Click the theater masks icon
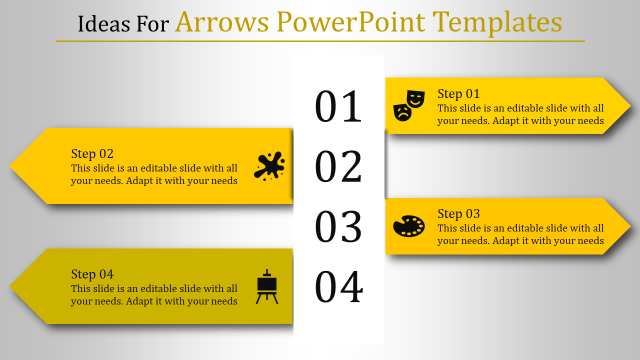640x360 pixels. (409, 105)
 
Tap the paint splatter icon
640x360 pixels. (269, 166)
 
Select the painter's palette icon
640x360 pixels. (409, 226)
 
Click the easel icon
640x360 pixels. (267, 286)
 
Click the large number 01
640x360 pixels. (338, 106)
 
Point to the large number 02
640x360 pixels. (338, 166)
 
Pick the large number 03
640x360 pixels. (338, 226)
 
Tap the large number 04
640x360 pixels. (339, 286)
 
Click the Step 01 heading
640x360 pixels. (458, 94)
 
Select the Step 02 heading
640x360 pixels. (92, 154)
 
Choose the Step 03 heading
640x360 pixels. (458, 214)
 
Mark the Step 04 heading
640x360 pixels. (92, 274)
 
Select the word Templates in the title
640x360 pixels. (497, 23)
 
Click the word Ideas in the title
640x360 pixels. (104, 23)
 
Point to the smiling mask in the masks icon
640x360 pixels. (415, 99)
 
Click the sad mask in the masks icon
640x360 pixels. (402, 112)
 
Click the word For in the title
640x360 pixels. (152, 23)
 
